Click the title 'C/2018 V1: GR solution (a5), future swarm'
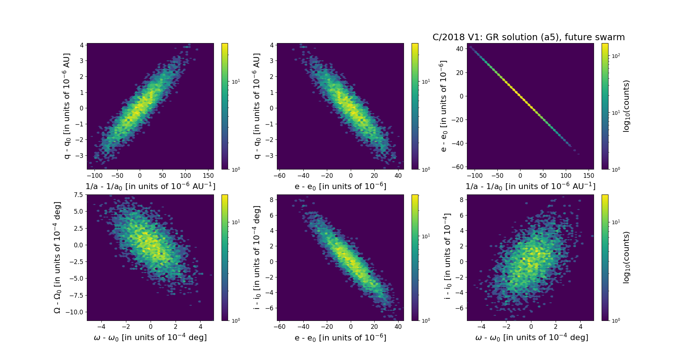(528, 37)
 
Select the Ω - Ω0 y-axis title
(57, 258)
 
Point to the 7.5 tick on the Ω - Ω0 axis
(79, 195)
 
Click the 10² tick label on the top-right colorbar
(615, 56)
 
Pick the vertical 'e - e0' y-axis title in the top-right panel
(443, 106)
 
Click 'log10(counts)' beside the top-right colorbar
(627, 106)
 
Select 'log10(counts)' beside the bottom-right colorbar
(627, 258)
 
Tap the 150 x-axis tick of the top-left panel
(208, 176)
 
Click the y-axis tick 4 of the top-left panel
(82, 45)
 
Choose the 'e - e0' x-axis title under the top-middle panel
(340, 187)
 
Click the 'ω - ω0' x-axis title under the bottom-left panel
(150, 338)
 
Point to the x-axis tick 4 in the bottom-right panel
(581, 327)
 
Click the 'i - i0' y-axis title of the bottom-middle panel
(257, 258)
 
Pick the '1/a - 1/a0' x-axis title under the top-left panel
(150, 186)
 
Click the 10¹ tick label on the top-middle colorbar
(426, 81)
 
